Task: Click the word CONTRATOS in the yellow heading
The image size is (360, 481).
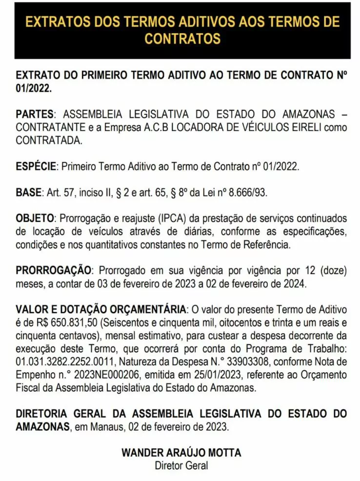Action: click(182, 38)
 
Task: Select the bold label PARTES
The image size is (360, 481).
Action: click(35, 114)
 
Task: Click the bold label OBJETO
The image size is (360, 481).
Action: click(36, 218)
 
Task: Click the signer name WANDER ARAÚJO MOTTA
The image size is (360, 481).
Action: click(181, 453)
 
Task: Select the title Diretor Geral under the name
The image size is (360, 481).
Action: click(181, 465)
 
